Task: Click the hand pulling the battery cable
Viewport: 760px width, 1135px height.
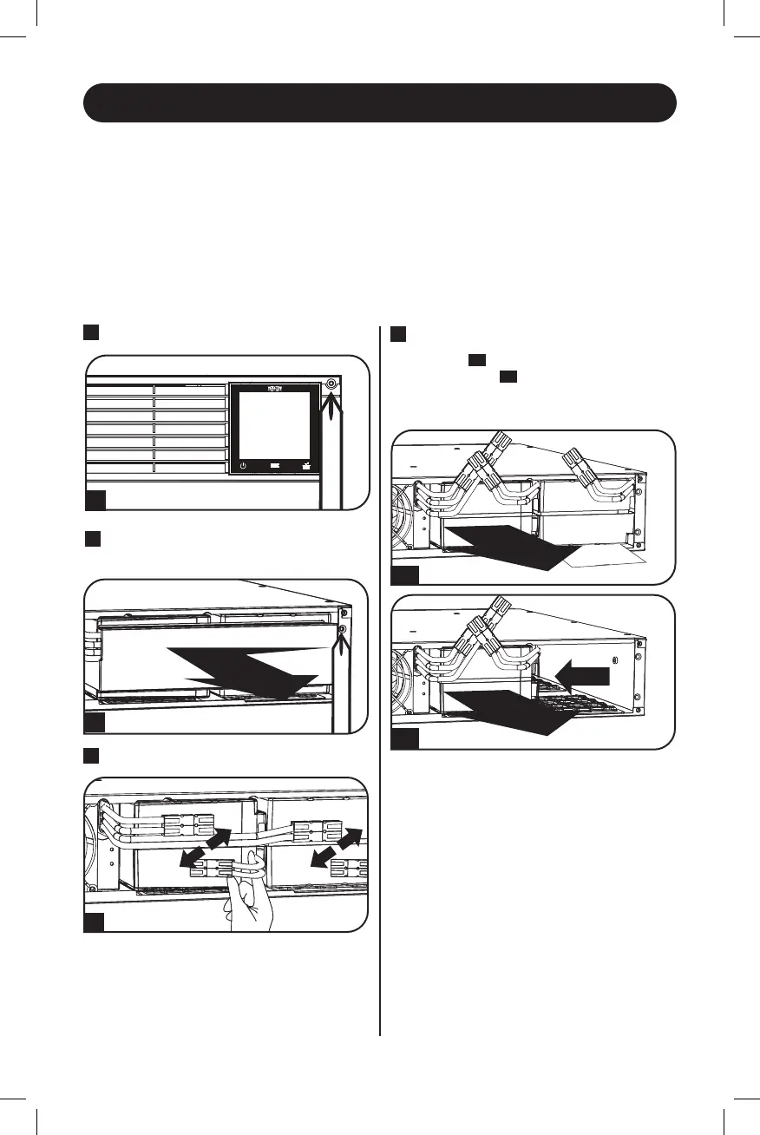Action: [x=247, y=908]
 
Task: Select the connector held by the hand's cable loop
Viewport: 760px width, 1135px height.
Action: [x=215, y=868]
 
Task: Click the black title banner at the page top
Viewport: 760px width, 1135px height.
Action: [x=379, y=103]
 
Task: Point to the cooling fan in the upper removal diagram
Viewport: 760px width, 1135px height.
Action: [x=408, y=521]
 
